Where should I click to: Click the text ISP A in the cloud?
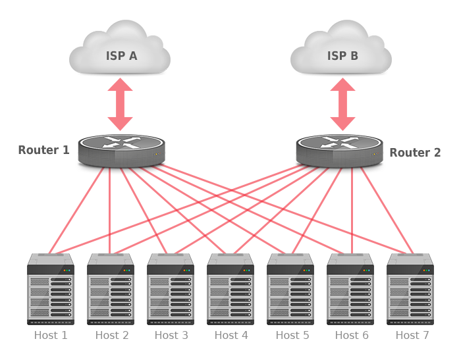pyautogui.click(x=121, y=55)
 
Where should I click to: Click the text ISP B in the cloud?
pyautogui.click(x=342, y=55)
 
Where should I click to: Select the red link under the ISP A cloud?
pyautogui.click(x=120, y=105)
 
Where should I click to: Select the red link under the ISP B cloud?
pyautogui.click(x=342, y=105)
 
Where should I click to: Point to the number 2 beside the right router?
pyautogui.click(x=437, y=153)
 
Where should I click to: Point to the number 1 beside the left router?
pyautogui.click(x=65, y=150)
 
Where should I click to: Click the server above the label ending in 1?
pyautogui.click(x=51, y=290)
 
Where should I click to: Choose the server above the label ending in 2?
pyautogui.click(x=111, y=290)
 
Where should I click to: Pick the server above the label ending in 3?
pyautogui.click(x=171, y=290)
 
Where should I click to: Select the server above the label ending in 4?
pyautogui.click(x=230, y=290)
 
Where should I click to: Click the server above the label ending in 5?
pyautogui.click(x=290, y=290)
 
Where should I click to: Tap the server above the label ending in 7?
pyautogui.click(x=410, y=290)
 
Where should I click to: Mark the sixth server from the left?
pyautogui.click(x=350, y=290)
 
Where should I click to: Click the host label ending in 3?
pyautogui.click(x=171, y=336)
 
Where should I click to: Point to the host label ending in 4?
pyautogui.click(x=231, y=336)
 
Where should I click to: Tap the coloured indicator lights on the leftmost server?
pyautogui.click(x=67, y=270)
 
